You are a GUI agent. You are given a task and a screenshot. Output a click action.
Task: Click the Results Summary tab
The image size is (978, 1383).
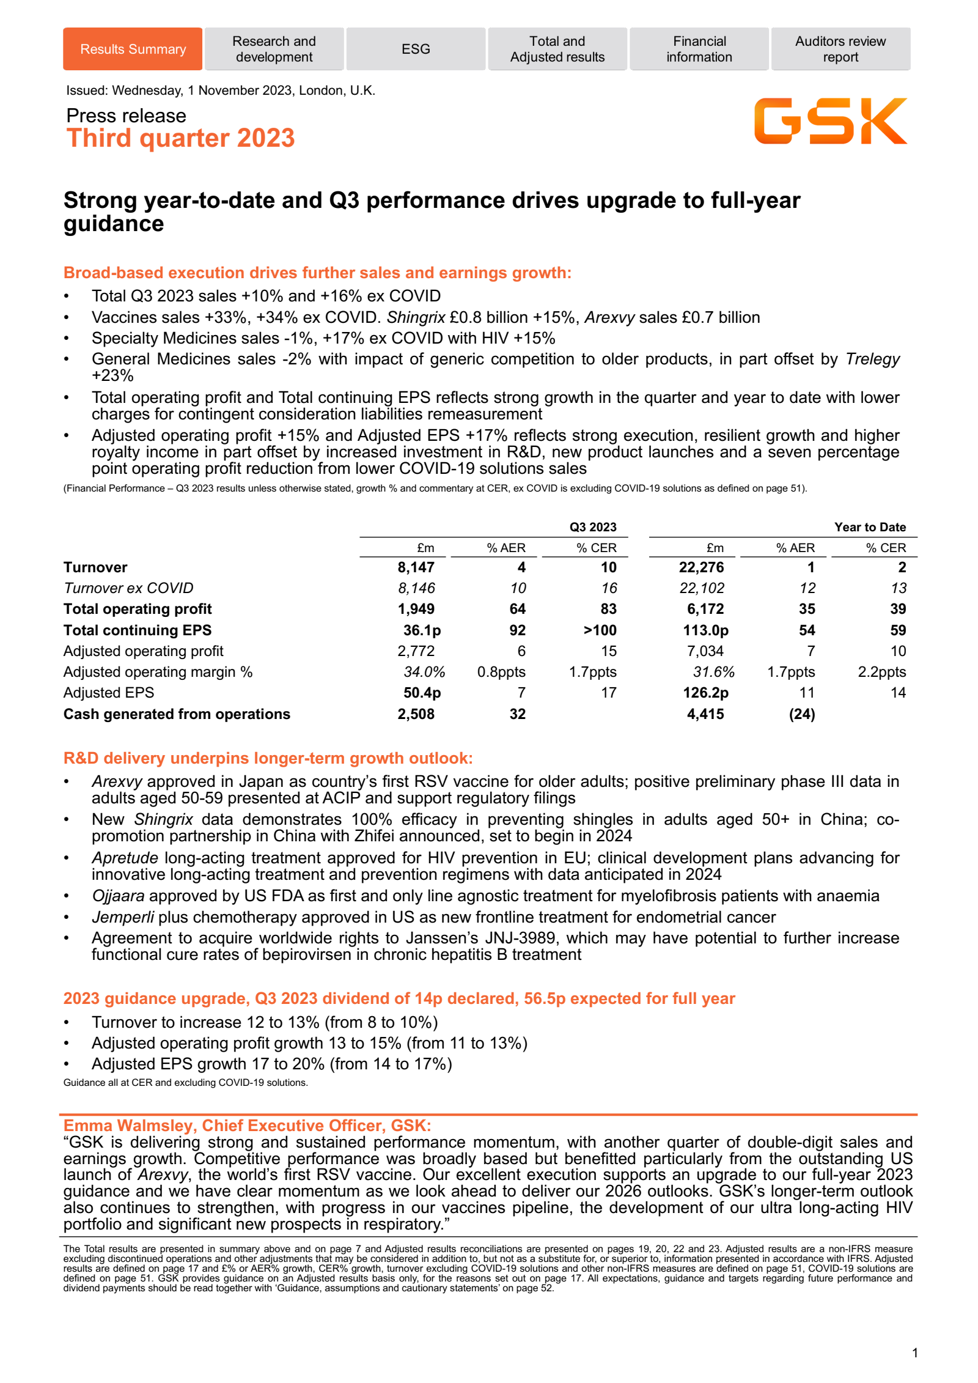(133, 49)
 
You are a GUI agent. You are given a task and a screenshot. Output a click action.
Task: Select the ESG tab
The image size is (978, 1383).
(416, 49)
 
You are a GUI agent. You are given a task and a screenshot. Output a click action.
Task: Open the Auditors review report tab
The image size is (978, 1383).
(840, 49)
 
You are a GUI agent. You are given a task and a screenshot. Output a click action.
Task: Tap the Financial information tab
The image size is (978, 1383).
(699, 49)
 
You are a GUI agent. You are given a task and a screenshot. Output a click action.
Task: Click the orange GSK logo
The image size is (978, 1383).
(830, 121)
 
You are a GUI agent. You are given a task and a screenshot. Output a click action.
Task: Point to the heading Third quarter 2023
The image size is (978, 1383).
(180, 138)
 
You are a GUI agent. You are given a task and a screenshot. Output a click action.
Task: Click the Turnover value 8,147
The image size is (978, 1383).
(416, 567)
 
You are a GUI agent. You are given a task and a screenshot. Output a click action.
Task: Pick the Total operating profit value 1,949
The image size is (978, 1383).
(416, 609)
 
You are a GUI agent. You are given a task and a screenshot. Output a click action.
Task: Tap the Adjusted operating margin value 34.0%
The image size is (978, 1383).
(424, 672)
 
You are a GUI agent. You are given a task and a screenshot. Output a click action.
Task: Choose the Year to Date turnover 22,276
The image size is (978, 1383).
(701, 567)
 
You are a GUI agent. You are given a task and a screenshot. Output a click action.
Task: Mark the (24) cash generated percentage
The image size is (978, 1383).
(802, 714)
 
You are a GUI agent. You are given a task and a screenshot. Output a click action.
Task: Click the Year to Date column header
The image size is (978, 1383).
(870, 527)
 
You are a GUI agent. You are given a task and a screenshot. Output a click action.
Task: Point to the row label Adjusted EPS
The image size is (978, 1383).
(109, 693)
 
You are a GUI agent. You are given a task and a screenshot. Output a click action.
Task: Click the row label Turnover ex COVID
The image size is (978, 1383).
(128, 588)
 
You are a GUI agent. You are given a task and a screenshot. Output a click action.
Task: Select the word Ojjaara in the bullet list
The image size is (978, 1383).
(118, 896)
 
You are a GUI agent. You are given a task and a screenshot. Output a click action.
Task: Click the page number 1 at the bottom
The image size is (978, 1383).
(914, 1353)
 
